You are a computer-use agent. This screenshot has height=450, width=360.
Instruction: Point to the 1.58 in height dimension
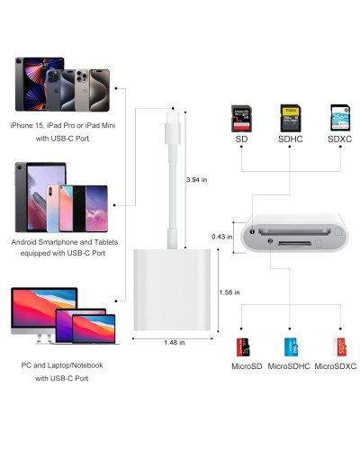pos(229,292)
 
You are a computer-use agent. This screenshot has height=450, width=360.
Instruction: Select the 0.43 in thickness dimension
pos(220,238)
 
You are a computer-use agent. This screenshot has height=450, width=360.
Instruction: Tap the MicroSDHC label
pos(289,366)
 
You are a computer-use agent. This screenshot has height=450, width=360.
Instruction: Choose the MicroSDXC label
pos(337,366)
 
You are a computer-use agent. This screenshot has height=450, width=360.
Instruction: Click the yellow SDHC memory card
pos(289,118)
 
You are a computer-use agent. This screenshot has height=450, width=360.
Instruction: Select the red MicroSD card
pos(242,346)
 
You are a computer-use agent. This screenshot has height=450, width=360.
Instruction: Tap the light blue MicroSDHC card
pos(290,346)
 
